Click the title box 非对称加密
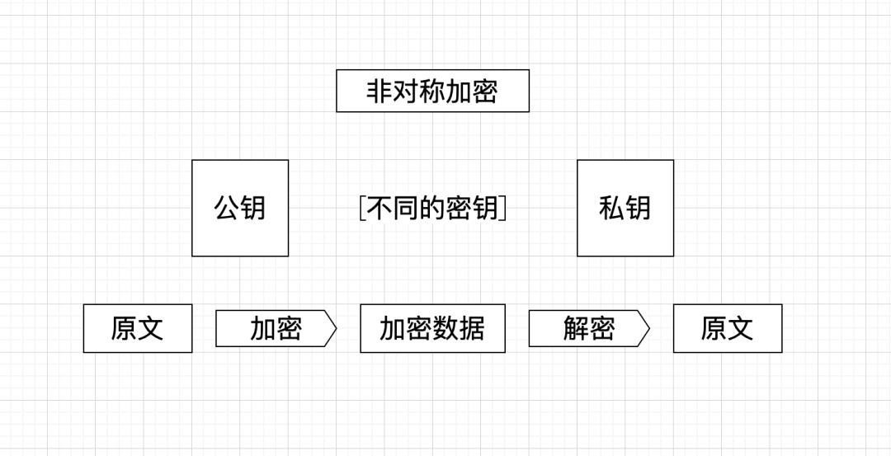point(432,91)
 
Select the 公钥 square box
point(240,208)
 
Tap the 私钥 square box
point(625,208)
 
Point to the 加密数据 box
point(432,328)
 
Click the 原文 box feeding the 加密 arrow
point(138,328)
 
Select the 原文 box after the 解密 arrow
point(728,328)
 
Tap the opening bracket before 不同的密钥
point(362,208)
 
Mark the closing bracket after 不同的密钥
point(503,208)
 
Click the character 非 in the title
point(379,91)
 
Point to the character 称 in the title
point(432,91)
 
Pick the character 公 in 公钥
point(227,208)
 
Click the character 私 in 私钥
point(612,208)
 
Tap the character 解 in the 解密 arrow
point(576,328)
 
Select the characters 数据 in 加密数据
point(459,328)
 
